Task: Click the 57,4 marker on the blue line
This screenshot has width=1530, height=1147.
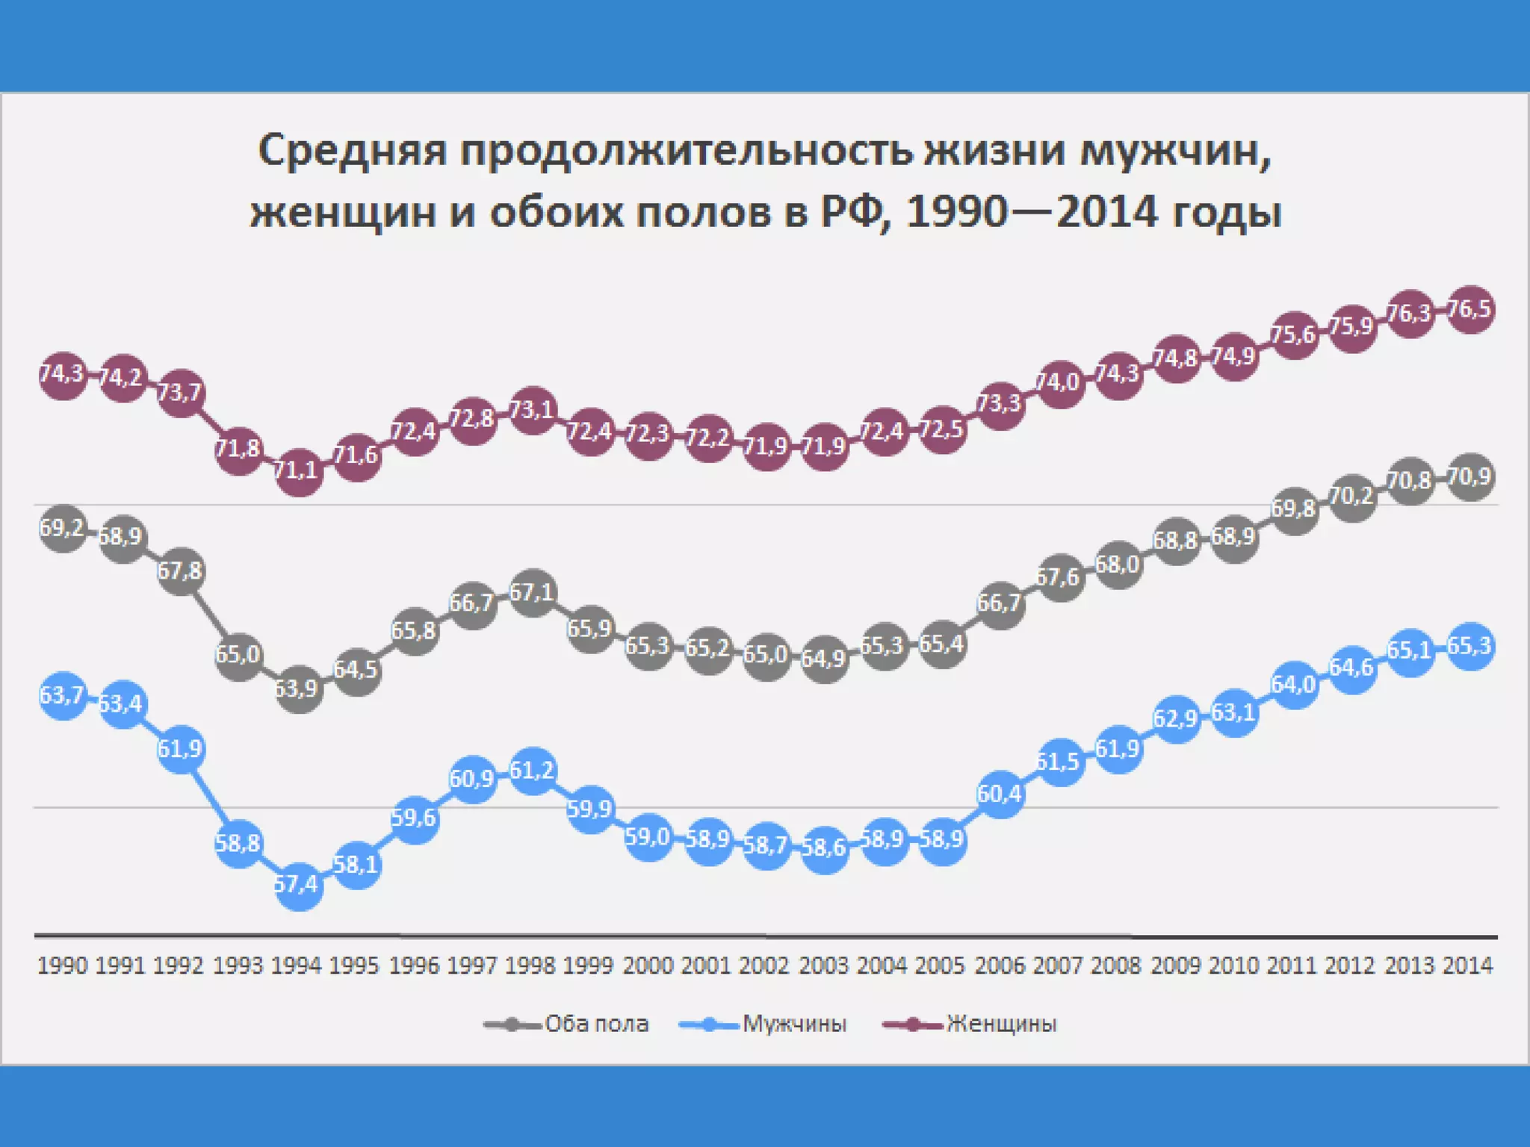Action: (x=299, y=886)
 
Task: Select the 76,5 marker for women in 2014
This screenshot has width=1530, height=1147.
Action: (x=1470, y=309)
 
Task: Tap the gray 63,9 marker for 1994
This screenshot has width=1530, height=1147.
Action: (x=299, y=688)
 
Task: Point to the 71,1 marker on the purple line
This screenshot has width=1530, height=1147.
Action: (x=299, y=471)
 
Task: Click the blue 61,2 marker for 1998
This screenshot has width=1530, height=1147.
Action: (x=533, y=770)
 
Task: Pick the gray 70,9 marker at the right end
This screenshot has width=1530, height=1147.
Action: (x=1470, y=476)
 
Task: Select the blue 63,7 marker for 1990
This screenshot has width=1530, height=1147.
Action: (x=63, y=696)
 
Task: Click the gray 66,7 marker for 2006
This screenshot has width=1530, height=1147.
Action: (x=1000, y=603)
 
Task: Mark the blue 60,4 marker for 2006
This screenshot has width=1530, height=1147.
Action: (x=1000, y=794)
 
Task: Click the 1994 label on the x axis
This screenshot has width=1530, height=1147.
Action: (x=297, y=966)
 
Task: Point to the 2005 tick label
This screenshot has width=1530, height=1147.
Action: (x=941, y=966)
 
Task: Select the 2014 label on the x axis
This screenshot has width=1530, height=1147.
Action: (x=1468, y=966)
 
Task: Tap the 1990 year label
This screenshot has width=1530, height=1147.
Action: (x=63, y=966)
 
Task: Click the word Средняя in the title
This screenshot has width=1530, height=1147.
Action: (x=353, y=150)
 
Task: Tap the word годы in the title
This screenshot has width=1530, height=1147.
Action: (x=1226, y=213)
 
